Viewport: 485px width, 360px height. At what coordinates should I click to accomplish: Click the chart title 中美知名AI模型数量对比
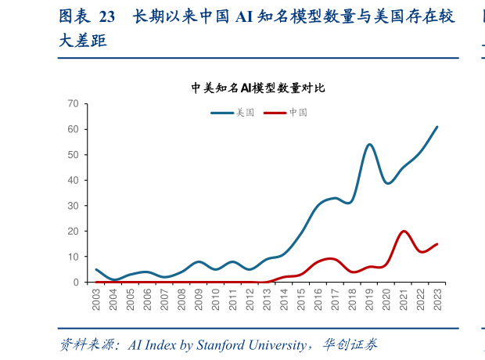pos(257,88)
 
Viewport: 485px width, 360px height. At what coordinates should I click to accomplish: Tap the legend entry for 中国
pos(286,113)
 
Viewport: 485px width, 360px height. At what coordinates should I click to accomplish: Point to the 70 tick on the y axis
pos(73,103)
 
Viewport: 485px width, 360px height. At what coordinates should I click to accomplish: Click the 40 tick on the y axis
pos(73,180)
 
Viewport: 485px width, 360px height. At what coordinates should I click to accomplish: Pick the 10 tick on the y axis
pos(73,257)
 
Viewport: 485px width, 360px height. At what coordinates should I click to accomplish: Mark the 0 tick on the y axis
pos(75,283)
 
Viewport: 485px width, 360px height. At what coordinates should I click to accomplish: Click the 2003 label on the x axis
pos(96,300)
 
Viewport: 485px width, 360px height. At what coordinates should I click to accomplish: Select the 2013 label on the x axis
pos(267,300)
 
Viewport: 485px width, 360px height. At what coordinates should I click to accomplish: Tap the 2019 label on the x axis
pos(369,300)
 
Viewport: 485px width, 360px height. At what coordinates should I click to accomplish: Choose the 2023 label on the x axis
pos(437,300)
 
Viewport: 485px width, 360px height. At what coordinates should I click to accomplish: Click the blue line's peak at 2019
pos(369,145)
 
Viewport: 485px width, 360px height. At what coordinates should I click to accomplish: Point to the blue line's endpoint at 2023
pos(437,127)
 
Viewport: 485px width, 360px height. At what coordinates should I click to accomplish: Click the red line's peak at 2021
pos(404,232)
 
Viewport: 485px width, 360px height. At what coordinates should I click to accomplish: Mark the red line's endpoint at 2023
pos(437,244)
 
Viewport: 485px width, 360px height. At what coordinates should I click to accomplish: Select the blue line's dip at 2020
pos(387,183)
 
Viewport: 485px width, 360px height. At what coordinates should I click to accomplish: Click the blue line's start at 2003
pos(96,269)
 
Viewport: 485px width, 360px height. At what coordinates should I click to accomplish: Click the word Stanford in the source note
pos(231,344)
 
